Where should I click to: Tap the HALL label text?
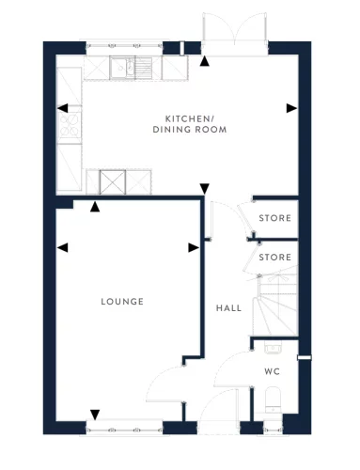(228, 308)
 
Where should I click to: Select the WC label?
(272, 371)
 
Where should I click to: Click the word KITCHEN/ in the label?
(188, 117)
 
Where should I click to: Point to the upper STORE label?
(275, 218)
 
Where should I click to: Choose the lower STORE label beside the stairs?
(275, 256)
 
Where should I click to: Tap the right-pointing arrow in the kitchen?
(291, 107)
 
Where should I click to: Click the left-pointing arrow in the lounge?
(62, 247)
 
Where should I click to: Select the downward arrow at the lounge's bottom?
(94, 415)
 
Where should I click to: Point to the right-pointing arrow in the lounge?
(194, 247)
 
